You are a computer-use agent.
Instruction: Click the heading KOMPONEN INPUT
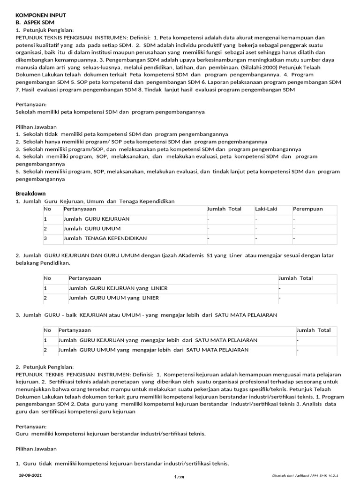41,15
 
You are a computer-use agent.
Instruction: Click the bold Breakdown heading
30,193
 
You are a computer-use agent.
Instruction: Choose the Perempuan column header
308,209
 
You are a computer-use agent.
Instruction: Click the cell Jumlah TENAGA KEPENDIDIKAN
105,238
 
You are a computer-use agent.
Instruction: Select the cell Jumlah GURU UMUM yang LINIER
113,298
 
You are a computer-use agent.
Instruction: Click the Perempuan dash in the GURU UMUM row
294,229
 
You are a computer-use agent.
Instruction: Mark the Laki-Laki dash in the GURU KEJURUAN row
256,219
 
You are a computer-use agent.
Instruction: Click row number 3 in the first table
45,238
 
